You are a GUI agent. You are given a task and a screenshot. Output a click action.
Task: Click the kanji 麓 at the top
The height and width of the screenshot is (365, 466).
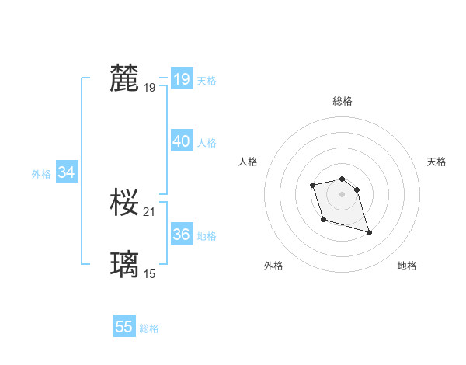pos(125,78)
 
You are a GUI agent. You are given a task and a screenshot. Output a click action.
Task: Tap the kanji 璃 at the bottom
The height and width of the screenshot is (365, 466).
pos(125,265)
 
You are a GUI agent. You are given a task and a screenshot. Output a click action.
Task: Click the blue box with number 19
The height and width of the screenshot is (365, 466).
pos(182,79)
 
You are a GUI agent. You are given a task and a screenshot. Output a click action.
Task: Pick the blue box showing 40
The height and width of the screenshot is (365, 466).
pos(182,141)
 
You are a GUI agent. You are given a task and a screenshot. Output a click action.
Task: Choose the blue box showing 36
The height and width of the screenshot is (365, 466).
pos(182,235)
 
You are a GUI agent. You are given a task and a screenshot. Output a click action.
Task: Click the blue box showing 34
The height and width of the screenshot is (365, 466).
pos(67,172)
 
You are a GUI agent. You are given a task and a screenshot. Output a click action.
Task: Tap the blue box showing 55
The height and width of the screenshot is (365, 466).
pos(124,327)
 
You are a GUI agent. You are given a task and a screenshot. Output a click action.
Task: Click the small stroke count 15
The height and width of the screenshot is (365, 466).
pos(150,273)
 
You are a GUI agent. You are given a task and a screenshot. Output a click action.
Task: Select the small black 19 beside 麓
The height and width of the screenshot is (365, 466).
pos(150,88)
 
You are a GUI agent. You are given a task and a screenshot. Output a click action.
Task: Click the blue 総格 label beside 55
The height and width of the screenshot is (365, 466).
pos(149,328)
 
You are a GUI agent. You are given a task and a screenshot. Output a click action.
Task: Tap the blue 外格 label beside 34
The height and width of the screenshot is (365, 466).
pos(41,174)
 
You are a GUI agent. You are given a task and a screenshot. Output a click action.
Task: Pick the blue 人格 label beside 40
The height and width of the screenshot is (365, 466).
pos(207,143)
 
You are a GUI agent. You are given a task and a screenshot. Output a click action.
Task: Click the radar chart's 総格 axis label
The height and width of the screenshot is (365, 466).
pos(343,101)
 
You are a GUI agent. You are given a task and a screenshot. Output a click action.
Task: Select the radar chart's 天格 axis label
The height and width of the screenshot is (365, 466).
pos(436,162)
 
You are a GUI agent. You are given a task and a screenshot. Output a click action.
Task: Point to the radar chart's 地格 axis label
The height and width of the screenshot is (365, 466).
pos(407,266)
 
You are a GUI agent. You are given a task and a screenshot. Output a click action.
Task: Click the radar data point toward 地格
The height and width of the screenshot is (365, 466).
pos(369,232)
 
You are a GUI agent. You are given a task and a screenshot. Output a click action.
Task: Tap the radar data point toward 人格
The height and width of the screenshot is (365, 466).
pos(313,185)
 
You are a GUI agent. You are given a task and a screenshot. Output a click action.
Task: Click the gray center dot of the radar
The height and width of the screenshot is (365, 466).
pos(343,193)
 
